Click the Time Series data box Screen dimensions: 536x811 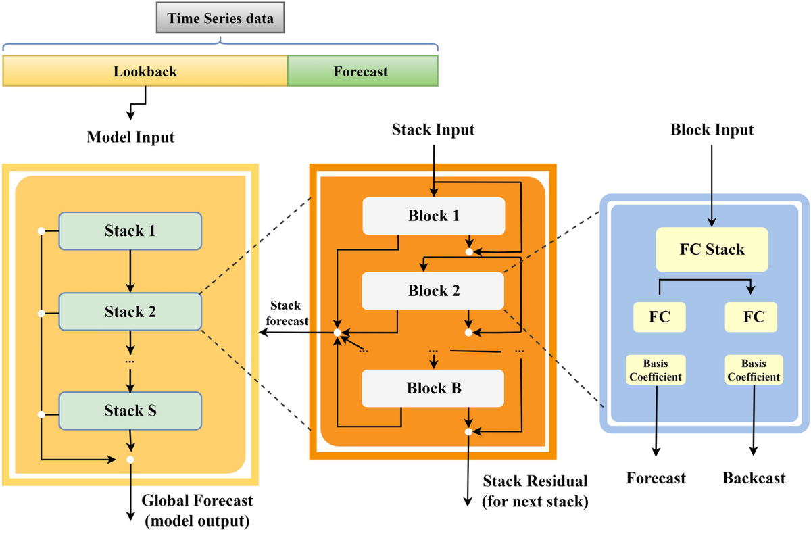click(x=221, y=18)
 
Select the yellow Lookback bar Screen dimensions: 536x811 click(x=145, y=71)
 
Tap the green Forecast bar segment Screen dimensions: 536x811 click(x=362, y=71)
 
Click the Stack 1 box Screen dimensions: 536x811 click(x=130, y=231)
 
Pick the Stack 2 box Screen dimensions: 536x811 click(x=130, y=312)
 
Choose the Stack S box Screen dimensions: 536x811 click(x=130, y=410)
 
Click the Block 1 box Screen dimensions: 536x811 click(x=433, y=216)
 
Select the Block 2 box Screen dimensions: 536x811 click(x=433, y=291)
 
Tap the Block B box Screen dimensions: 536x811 click(x=433, y=388)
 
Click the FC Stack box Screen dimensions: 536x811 click(x=712, y=249)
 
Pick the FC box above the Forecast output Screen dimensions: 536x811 click(x=659, y=317)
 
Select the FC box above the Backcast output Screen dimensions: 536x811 click(x=751, y=317)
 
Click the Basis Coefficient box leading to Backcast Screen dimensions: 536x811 click(x=754, y=370)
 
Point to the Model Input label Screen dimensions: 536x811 click(x=130, y=137)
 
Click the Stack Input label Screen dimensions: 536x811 click(x=433, y=129)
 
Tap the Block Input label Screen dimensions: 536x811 click(x=712, y=129)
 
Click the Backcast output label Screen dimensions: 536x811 click(x=754, y=479)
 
